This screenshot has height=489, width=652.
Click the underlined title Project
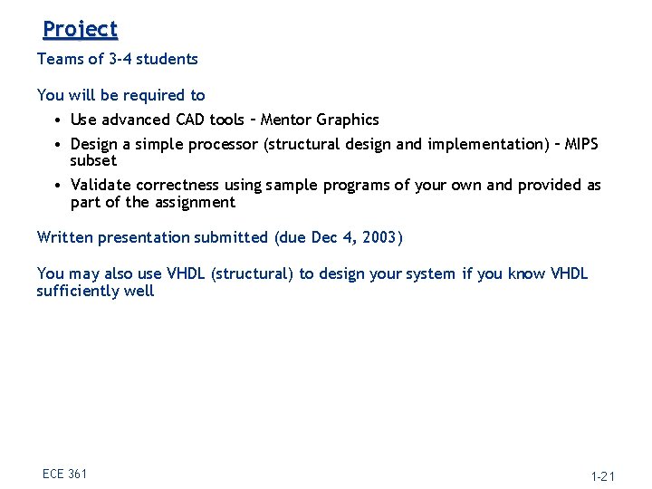tap(80, 30)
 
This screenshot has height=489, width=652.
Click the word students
tap(167, 59)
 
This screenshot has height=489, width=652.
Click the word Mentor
tap(286, 120)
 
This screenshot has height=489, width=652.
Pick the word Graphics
tap(348, 120)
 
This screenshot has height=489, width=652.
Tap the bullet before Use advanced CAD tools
tap(57, 120)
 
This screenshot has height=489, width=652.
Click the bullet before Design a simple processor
tap(57, 144)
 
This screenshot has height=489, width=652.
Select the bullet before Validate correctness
tap(57, 185)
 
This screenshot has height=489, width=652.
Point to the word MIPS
tap(580, 144)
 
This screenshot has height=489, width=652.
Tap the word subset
tap(93, 160)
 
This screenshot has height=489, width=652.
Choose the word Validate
tap(101, 185)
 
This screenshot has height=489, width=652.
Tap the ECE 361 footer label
tap(64, 474)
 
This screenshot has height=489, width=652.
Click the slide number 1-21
tap(602, 475)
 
